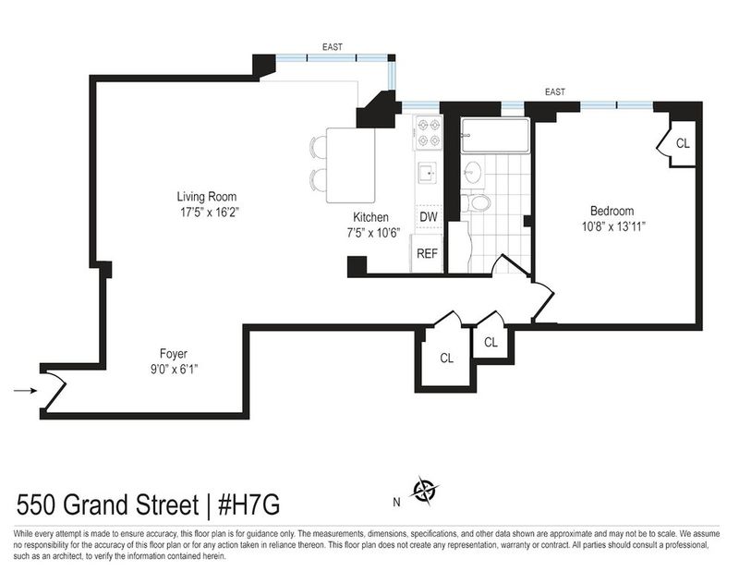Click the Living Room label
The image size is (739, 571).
[206, 197]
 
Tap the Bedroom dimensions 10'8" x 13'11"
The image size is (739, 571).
[613, 226]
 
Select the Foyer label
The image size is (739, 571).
[174, 354]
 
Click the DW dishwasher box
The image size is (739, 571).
[429, 217]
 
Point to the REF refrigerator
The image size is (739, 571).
[427, 253]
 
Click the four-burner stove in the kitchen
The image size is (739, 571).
[429, 132]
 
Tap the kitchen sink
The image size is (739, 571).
[427, 174]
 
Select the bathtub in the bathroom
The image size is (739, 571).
[495, 136]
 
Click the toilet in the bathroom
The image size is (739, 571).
[476, 202]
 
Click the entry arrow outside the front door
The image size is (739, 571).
[26, 391]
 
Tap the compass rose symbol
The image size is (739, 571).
[425, 491]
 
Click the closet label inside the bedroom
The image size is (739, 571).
[683, 143]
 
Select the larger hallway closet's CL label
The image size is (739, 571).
[446, 358]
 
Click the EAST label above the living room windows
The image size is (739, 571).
[333, 47]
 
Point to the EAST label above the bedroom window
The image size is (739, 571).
[555, 92]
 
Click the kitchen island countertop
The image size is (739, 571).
[351, 165]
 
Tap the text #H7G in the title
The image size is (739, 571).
[248, 505]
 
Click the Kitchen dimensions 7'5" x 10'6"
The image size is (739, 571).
[373, 233]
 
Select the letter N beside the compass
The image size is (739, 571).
[396, 503]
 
